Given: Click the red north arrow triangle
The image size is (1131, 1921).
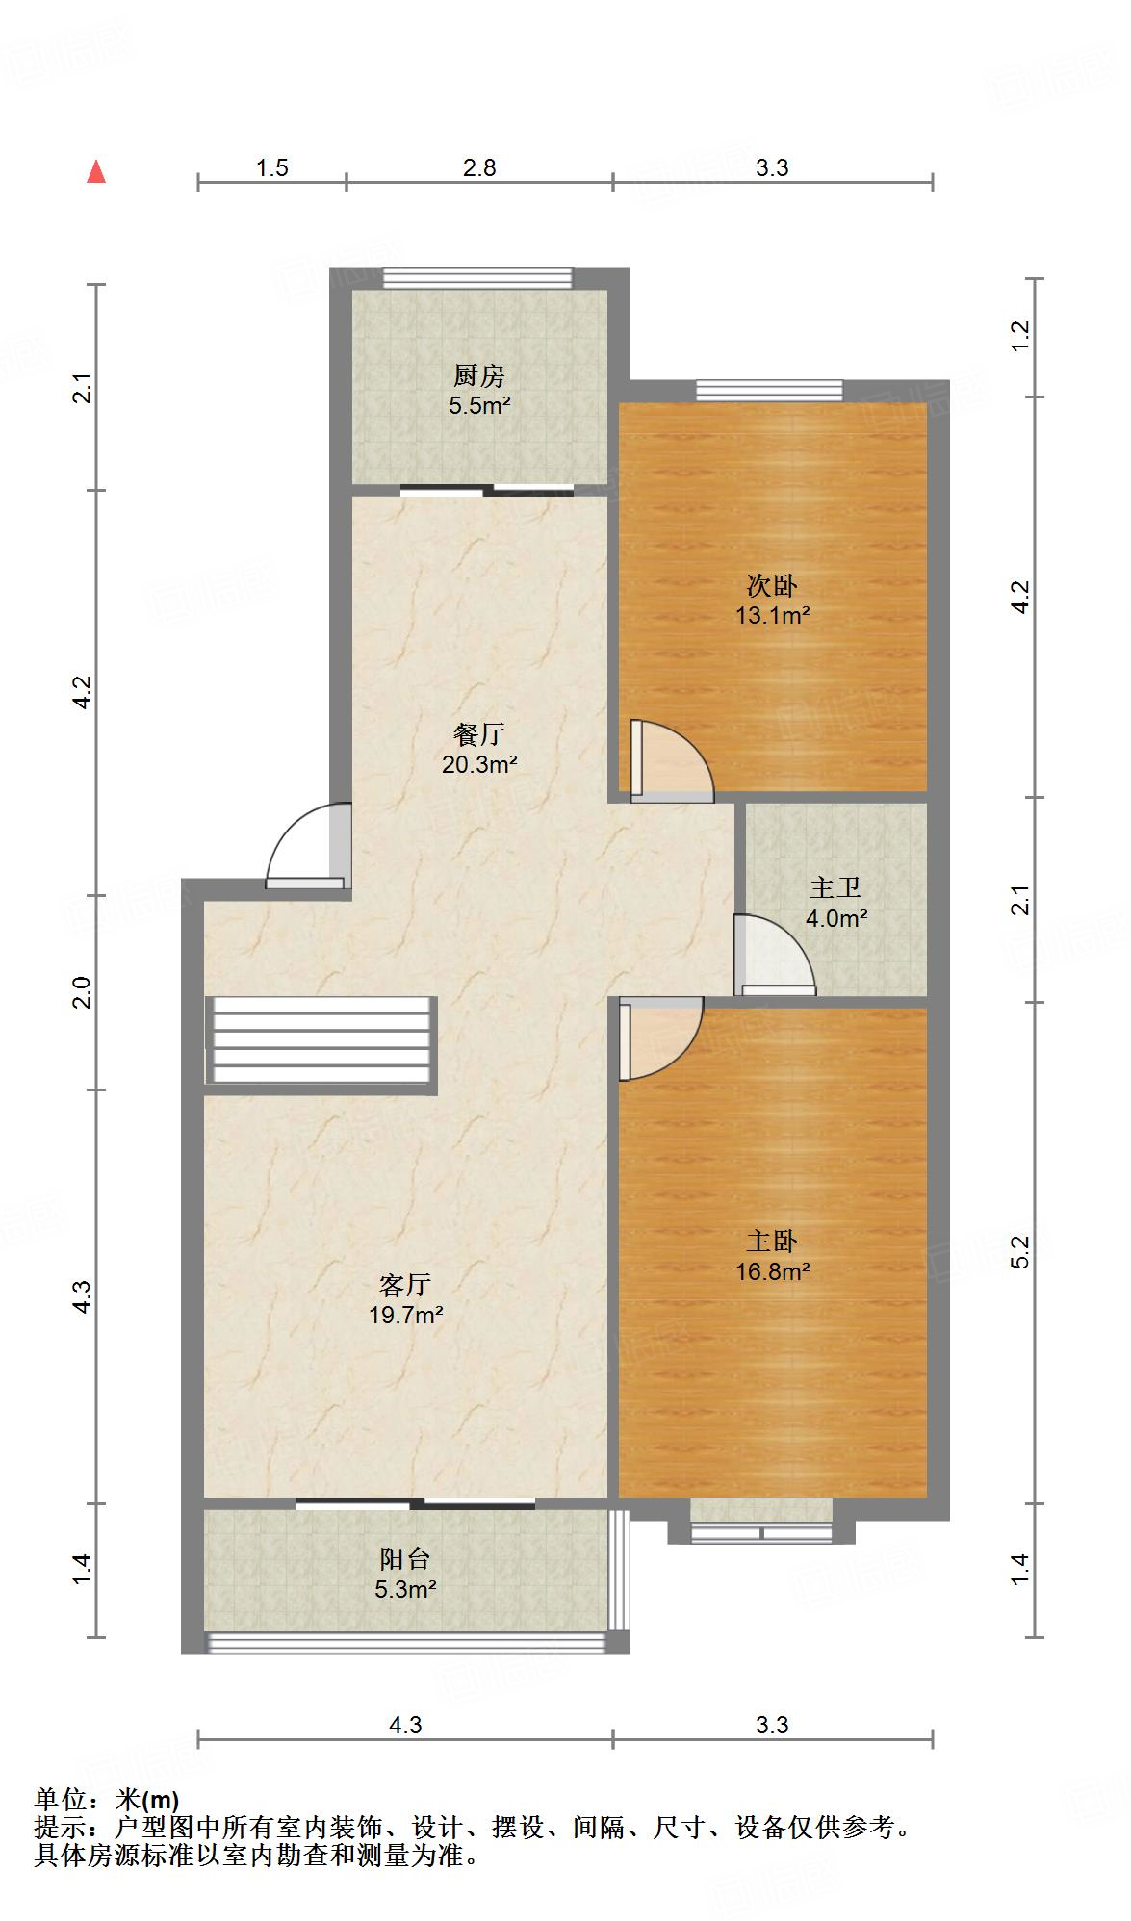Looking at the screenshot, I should point(96,172).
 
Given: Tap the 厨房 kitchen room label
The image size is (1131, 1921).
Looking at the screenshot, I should point(478,375).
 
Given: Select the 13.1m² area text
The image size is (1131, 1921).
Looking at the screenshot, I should point(772,615).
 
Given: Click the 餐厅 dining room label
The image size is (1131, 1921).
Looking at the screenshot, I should point(478,734).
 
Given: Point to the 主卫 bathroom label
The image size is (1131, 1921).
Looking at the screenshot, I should point(835,887).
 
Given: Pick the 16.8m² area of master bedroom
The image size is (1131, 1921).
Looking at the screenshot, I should point(772,1271).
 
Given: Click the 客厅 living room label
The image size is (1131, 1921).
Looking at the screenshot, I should point(405,1285).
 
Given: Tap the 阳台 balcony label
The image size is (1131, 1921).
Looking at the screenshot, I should point(405,1558).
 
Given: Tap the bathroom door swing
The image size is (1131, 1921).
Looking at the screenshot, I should point(774,955).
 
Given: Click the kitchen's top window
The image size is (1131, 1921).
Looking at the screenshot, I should point(477,278).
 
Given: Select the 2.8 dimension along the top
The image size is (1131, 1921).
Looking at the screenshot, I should point(478,167).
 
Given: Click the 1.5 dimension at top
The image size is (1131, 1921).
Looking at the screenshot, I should point(272,167).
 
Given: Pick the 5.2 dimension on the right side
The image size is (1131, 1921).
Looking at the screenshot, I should point(1020,1251).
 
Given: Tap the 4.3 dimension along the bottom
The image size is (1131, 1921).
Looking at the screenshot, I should point(405,1725).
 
